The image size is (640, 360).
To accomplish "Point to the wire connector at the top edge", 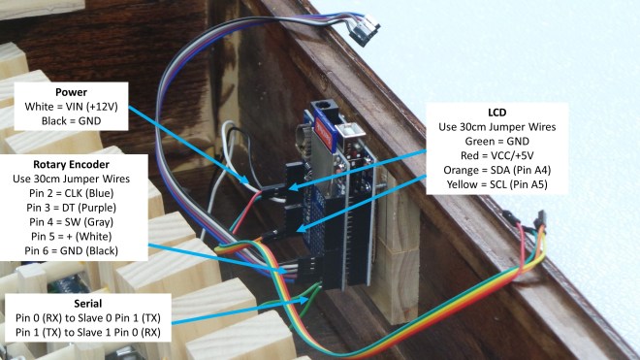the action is click(365, 30).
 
